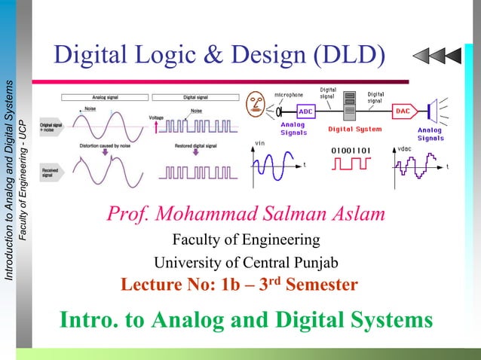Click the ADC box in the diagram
click(307, 111)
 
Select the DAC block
click(403, 111)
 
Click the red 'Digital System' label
click(354, 129)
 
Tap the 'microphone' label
click(288, 95)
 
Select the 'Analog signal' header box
click(105, 96)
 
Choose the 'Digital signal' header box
click(196, 96)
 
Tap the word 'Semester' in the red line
click(310, 286)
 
